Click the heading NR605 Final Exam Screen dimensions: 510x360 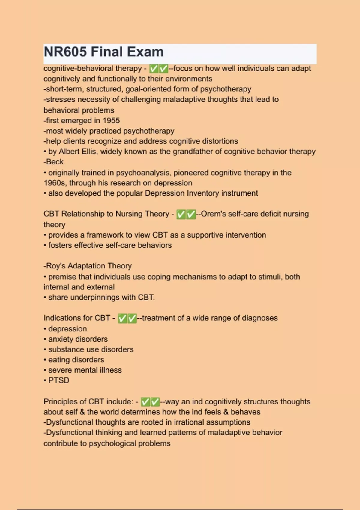click(x=103, y=52)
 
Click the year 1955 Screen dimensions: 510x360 click(x=111, y=121)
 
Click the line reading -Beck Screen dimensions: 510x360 click(x=54, y=162)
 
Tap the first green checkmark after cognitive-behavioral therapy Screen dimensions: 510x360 click(x=154, y=69)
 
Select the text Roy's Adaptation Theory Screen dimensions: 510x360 click(x=88, y=266)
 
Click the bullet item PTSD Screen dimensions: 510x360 click(x=58, y=380)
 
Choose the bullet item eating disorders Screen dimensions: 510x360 click(x=76, y=360)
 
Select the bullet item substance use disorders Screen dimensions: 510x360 click(x=91, y=349)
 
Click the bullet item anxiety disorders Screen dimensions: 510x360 click(x=78, y=339)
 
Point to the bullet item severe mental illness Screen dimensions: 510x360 click(x=85, y=370)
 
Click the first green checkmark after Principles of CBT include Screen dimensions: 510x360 click(x=145, y=402)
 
